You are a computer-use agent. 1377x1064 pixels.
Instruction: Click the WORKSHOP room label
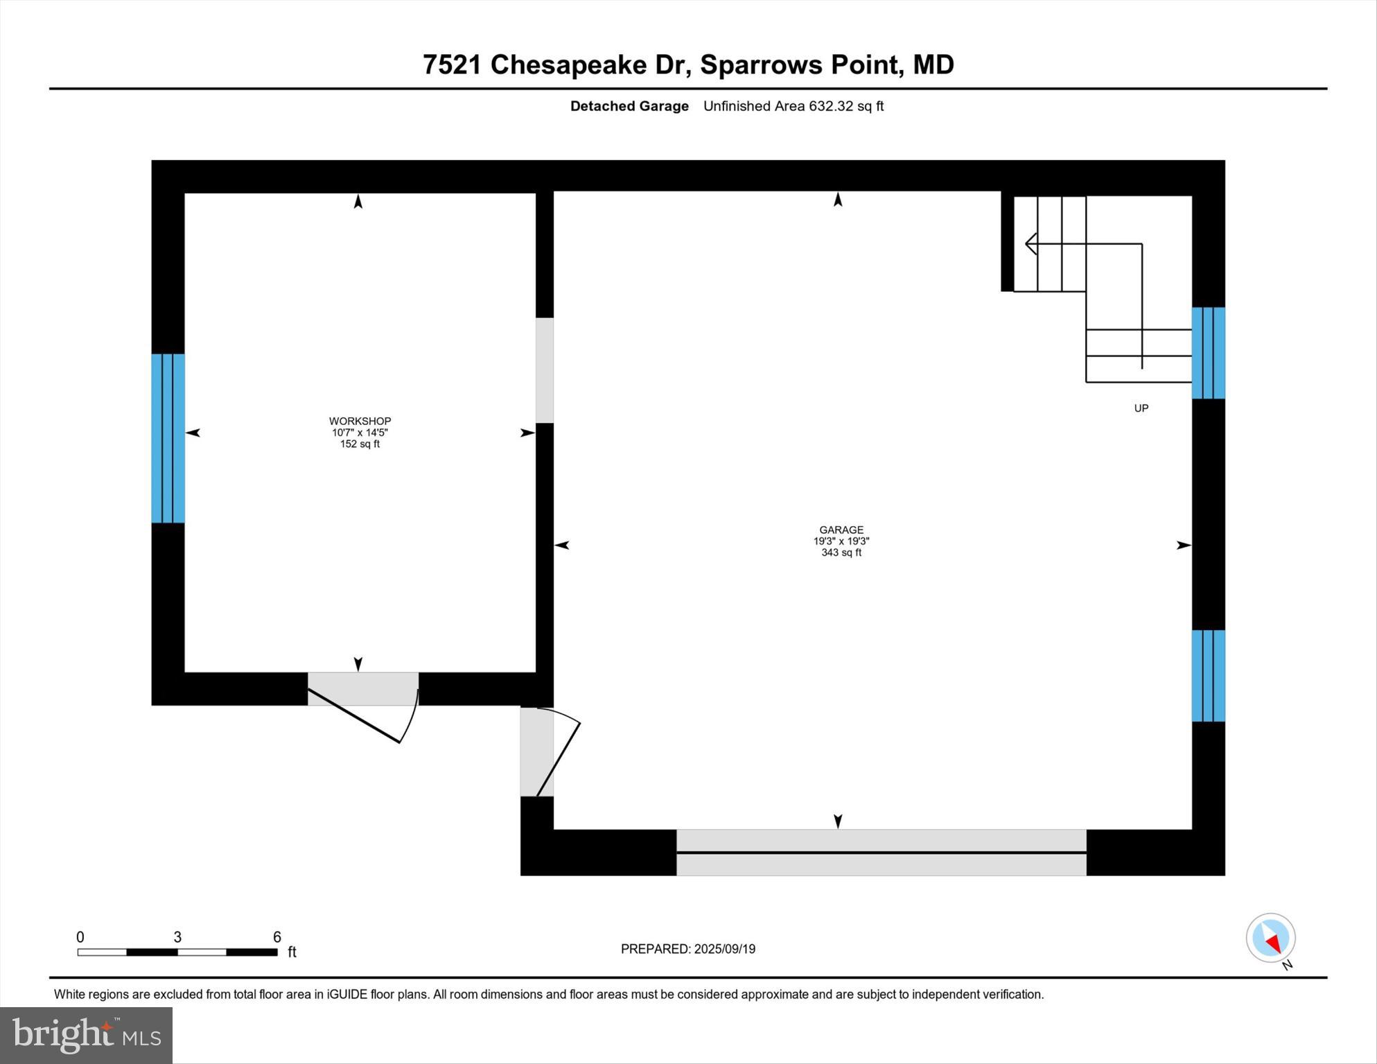360,421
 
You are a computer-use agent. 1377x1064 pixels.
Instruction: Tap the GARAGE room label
841,530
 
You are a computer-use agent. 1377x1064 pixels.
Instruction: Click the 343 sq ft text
841,552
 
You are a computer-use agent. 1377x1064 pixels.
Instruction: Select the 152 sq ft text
360,444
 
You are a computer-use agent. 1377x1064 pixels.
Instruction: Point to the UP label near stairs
1141,408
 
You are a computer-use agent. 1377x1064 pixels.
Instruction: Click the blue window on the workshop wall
168,438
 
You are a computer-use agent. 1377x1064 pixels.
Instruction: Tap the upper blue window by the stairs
1208,353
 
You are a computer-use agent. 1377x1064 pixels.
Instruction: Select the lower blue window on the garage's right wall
1208,676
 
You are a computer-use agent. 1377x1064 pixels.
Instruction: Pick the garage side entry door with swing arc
538,751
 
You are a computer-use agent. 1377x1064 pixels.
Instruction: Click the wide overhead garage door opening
881,852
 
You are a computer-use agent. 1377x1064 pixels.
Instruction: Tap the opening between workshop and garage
545,370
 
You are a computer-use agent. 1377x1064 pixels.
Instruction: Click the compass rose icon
1270,938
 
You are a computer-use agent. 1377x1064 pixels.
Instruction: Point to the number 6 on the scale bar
277,937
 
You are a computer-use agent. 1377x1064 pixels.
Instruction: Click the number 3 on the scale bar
177,937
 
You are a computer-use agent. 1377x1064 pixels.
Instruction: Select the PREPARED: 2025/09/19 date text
687,949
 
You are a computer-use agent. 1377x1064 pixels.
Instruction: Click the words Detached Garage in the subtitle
629,106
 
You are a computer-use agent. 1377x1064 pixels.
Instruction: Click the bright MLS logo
86,1035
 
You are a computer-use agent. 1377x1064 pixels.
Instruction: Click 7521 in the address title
451,64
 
